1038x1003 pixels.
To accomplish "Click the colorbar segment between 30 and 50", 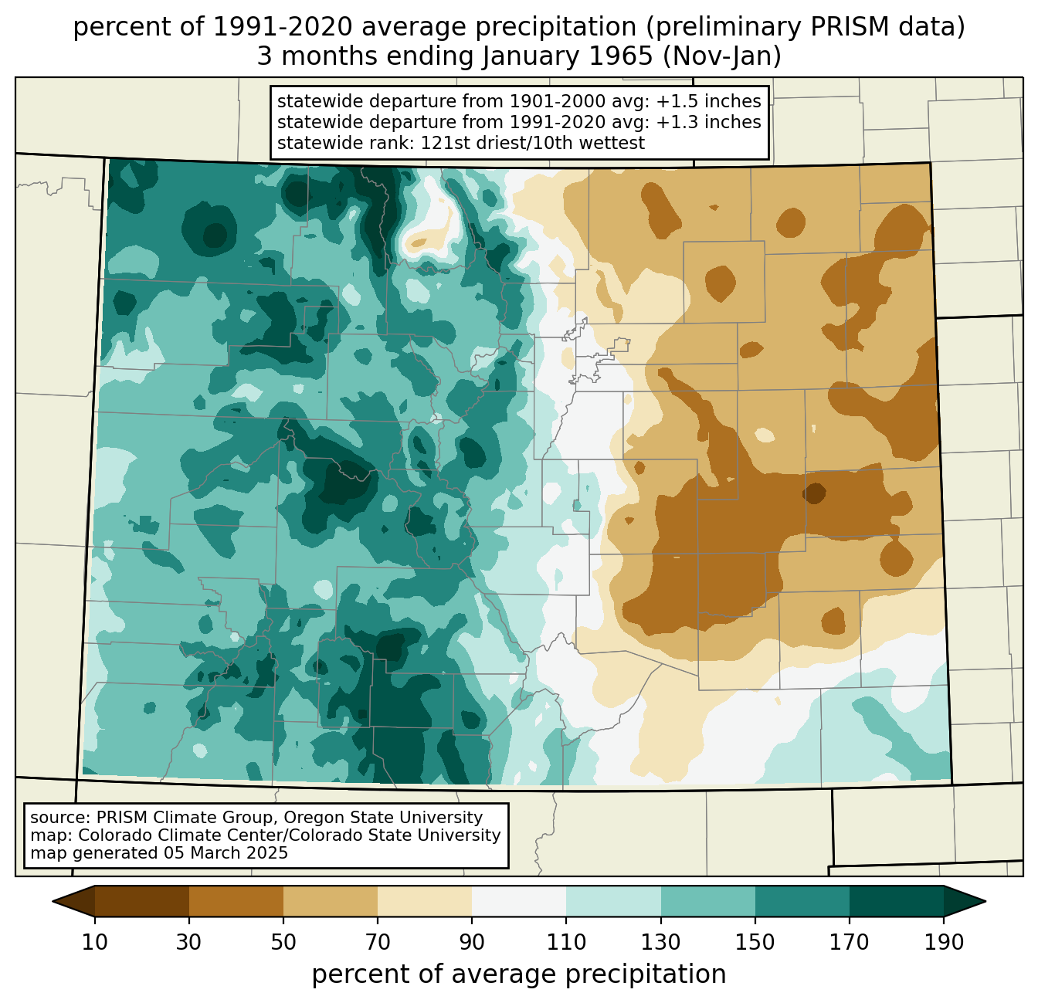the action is pyautogui.click(x=236, y=902).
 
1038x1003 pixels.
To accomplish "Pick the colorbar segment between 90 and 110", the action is pyautogui.click(x=519, y=902).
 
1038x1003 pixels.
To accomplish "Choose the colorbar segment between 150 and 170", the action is pyautogui.click(x=802, y=902).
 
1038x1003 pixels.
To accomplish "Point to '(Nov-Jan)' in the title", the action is pyautogui.click(x=721, y=56).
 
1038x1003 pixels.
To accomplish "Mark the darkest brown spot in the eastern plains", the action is pyautogui.click(x=814, y=493).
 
